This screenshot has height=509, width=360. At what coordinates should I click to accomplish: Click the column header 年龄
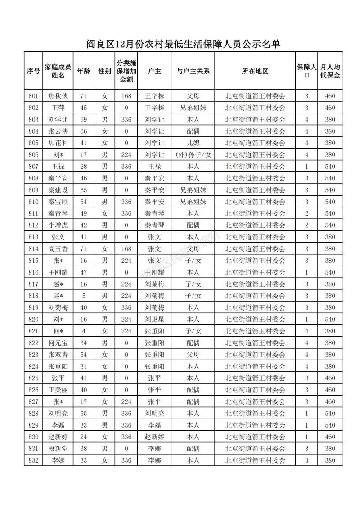click(x=83, y=71)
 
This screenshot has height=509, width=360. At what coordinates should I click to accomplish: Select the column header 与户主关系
click(x=193, y=71)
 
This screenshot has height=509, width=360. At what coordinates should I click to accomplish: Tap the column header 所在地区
click(x=255, y=71)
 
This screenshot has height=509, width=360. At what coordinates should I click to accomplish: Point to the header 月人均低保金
click(x=330, y=71)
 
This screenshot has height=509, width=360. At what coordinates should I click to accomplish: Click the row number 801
click(x=33, y=96)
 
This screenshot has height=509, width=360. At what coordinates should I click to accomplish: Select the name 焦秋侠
click(x=58, y=96)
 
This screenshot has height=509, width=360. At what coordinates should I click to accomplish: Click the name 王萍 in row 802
click(x=58, y=108)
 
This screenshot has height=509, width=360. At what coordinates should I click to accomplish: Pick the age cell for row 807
click(x=83, y=167)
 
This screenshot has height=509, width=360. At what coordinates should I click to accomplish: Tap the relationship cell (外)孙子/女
click(x=193, y=155)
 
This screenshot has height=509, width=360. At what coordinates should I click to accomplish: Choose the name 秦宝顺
click(x=58, y=202)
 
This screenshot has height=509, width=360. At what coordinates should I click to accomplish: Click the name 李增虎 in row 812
click(x=58, y=225)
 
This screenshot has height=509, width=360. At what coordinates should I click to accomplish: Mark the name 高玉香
click(x=58, y=248)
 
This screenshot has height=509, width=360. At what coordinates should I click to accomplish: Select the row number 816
click(x=33, y=272)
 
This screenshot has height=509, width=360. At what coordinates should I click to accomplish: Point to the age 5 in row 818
click(x=83, y=296)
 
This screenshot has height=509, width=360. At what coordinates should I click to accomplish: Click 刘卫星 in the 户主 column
click(x=154, y=319)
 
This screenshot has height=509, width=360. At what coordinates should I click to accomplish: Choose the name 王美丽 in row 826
click(x=58, y=390)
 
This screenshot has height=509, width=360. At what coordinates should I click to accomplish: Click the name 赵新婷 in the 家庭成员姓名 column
click(x=58, y=437)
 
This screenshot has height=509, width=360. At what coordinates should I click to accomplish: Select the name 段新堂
click(x=58, y=448)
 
